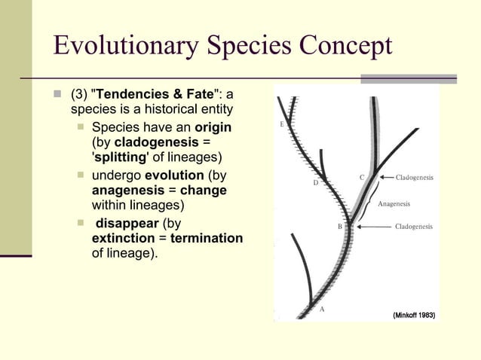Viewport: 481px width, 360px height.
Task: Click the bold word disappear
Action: (126, 224)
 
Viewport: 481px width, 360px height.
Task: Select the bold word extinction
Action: (123, 239)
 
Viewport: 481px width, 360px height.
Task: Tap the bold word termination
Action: (207, 239)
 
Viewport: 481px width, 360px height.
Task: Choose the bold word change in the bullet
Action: (203, 191)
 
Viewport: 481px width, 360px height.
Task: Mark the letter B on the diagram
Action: (339, 227)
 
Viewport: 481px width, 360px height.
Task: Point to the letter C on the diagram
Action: (362, 178)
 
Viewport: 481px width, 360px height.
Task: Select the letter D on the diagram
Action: (315, 183)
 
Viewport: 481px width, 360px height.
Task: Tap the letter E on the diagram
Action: (281, 124)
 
